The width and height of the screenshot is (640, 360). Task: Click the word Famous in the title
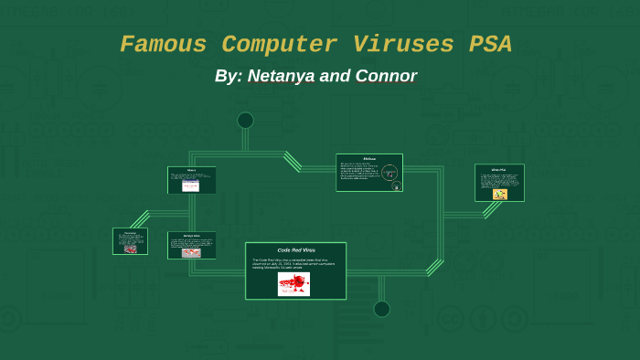[165, 45]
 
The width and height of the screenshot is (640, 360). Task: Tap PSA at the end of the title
[488, 45]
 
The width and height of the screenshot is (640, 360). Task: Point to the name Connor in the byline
[382, 76]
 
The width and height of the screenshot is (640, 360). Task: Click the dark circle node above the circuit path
[245, 121]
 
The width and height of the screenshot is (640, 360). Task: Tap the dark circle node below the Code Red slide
[381, 309]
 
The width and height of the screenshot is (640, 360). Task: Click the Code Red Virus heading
[295, 249]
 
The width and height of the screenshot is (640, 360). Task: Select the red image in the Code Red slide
[293, 284]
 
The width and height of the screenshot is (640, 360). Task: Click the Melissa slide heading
[369, 158]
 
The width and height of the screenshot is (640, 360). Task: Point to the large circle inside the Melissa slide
[389, 172]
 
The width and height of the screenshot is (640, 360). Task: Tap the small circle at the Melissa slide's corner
[396, 186]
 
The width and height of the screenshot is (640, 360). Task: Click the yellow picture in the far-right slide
[499, 194]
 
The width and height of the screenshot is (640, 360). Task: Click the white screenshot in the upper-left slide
[190, 185]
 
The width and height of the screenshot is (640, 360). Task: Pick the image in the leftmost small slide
[130, 248]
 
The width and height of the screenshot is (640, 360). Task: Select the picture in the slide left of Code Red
[191, 252]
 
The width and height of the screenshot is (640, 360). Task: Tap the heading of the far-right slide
[498, 169]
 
